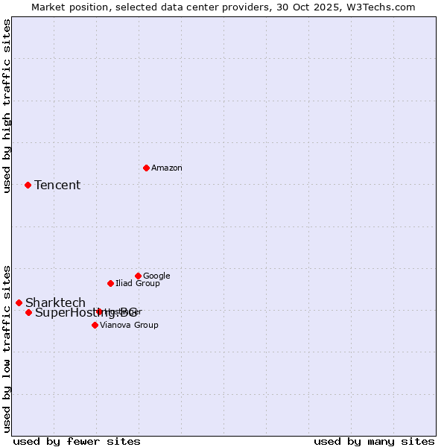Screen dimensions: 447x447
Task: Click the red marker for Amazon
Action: (x=146, y=168)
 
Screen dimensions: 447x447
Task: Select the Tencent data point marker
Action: (x=28, y=185)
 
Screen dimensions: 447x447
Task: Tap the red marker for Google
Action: (x=138, y=276)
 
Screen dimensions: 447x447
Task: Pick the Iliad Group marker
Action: (x=110, y=283)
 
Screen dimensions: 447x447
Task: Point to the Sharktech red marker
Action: (x=19, y=302)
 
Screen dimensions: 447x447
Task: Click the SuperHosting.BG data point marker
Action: (x=28, y=312)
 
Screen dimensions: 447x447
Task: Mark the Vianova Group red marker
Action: (x=95, y=325)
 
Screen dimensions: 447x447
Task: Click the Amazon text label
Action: (x=167, y=168)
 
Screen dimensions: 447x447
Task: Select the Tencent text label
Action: (x=57, y=186)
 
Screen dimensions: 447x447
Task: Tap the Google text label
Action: (x=156, y=276)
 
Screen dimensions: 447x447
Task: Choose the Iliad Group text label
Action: (x=138, y=284)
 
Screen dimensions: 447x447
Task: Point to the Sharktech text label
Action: (x=55, y=303)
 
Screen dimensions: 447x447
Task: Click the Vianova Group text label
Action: (x=129, y=326)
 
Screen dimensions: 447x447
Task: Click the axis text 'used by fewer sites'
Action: (x=77, y=442)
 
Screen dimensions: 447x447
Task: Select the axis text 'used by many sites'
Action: (x=374, y=442)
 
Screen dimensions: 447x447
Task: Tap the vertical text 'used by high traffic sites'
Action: (x=7, y=106)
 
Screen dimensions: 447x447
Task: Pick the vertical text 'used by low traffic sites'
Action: (x=7, y=348)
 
